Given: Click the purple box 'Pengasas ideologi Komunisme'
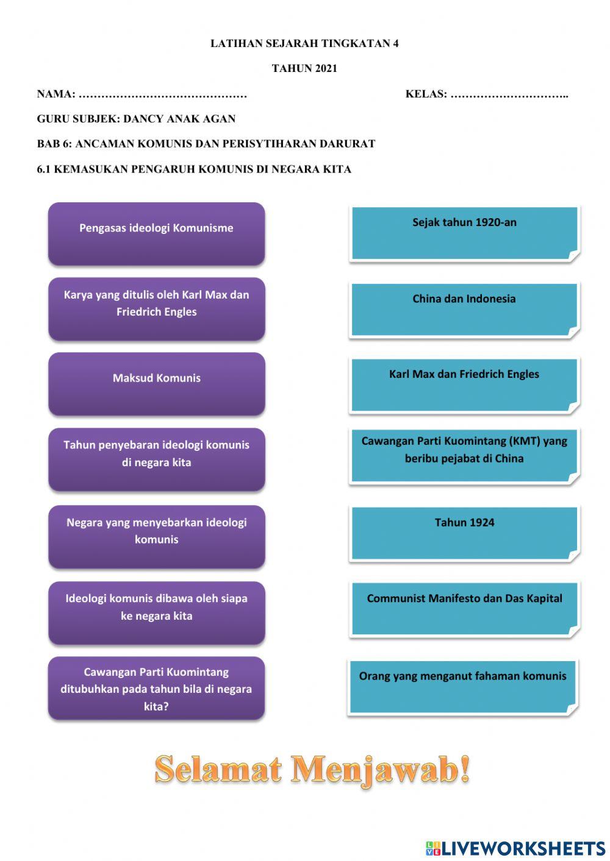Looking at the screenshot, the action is point(156,234).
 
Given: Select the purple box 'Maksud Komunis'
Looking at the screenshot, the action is point(157,384).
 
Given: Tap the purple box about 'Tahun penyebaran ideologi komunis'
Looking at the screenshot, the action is point(157,459).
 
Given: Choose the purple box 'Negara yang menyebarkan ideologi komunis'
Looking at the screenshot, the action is point(157,537).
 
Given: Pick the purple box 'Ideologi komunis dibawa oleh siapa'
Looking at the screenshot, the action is point(157,613).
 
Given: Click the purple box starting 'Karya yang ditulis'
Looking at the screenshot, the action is point(157,309).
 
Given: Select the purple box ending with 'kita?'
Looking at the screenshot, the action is point(156,688).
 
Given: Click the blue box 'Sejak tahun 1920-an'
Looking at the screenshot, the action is point(465,234).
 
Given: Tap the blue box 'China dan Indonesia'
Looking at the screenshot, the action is point(465,310).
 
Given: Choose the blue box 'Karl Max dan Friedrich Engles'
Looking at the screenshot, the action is point(465,386).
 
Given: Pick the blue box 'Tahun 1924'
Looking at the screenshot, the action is point(465,534).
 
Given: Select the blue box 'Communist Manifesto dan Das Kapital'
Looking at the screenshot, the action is point(465,609).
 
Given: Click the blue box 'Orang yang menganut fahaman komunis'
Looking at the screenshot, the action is point(463,688).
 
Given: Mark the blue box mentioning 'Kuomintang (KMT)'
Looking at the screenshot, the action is point(465,456).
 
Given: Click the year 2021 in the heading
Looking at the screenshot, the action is point(326,68).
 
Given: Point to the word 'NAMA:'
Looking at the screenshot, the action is point(56,94).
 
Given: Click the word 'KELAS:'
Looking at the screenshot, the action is point(426,94).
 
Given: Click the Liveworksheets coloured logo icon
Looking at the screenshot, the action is point(433,848).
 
